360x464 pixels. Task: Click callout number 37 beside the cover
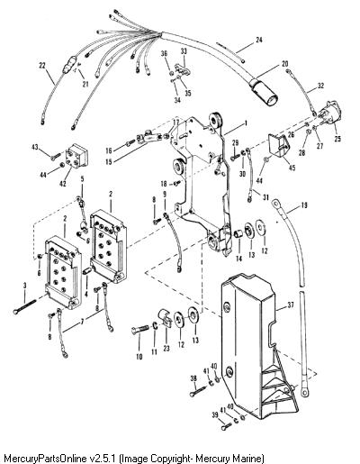291,305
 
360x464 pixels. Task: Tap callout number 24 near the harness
259,40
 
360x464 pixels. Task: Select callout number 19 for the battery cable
304,205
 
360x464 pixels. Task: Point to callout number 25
337,139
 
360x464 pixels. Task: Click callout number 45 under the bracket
292,168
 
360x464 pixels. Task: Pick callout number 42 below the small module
62,184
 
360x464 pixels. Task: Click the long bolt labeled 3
25,306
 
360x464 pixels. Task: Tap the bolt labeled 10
140,329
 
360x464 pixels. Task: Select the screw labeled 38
197,391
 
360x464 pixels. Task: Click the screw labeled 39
227,426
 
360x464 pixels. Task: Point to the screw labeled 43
56,157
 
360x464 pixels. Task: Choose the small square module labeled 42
76,156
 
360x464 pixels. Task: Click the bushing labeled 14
238,233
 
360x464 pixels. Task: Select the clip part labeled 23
165,317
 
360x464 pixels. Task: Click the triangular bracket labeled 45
279,145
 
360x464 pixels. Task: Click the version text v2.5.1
103,459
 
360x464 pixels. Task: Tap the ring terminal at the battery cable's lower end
304,391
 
